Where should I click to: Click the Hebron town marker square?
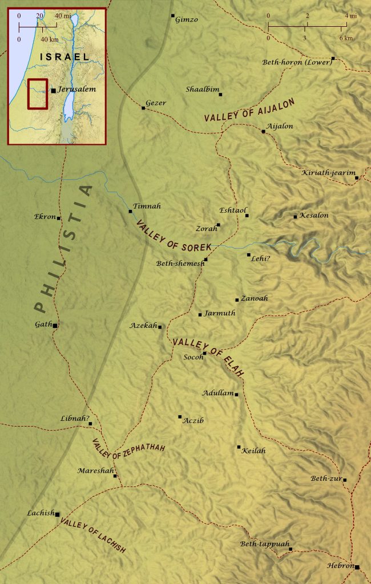pos(357,567)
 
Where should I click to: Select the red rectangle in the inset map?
pos(38,94)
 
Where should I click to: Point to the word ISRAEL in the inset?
pos(65,57)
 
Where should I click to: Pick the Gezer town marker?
pos(143,108)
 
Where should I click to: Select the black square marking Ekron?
pos(59,218)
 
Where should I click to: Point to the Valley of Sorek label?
pos(173,236)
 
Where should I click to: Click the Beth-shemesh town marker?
pos(205,259)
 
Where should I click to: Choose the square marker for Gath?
pos(55,325)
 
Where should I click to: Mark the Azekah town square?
pos(160,327)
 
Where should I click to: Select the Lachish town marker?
pos(57,514)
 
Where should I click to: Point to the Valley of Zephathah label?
pos(128,451)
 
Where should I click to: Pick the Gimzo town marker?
pos(173,15)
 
